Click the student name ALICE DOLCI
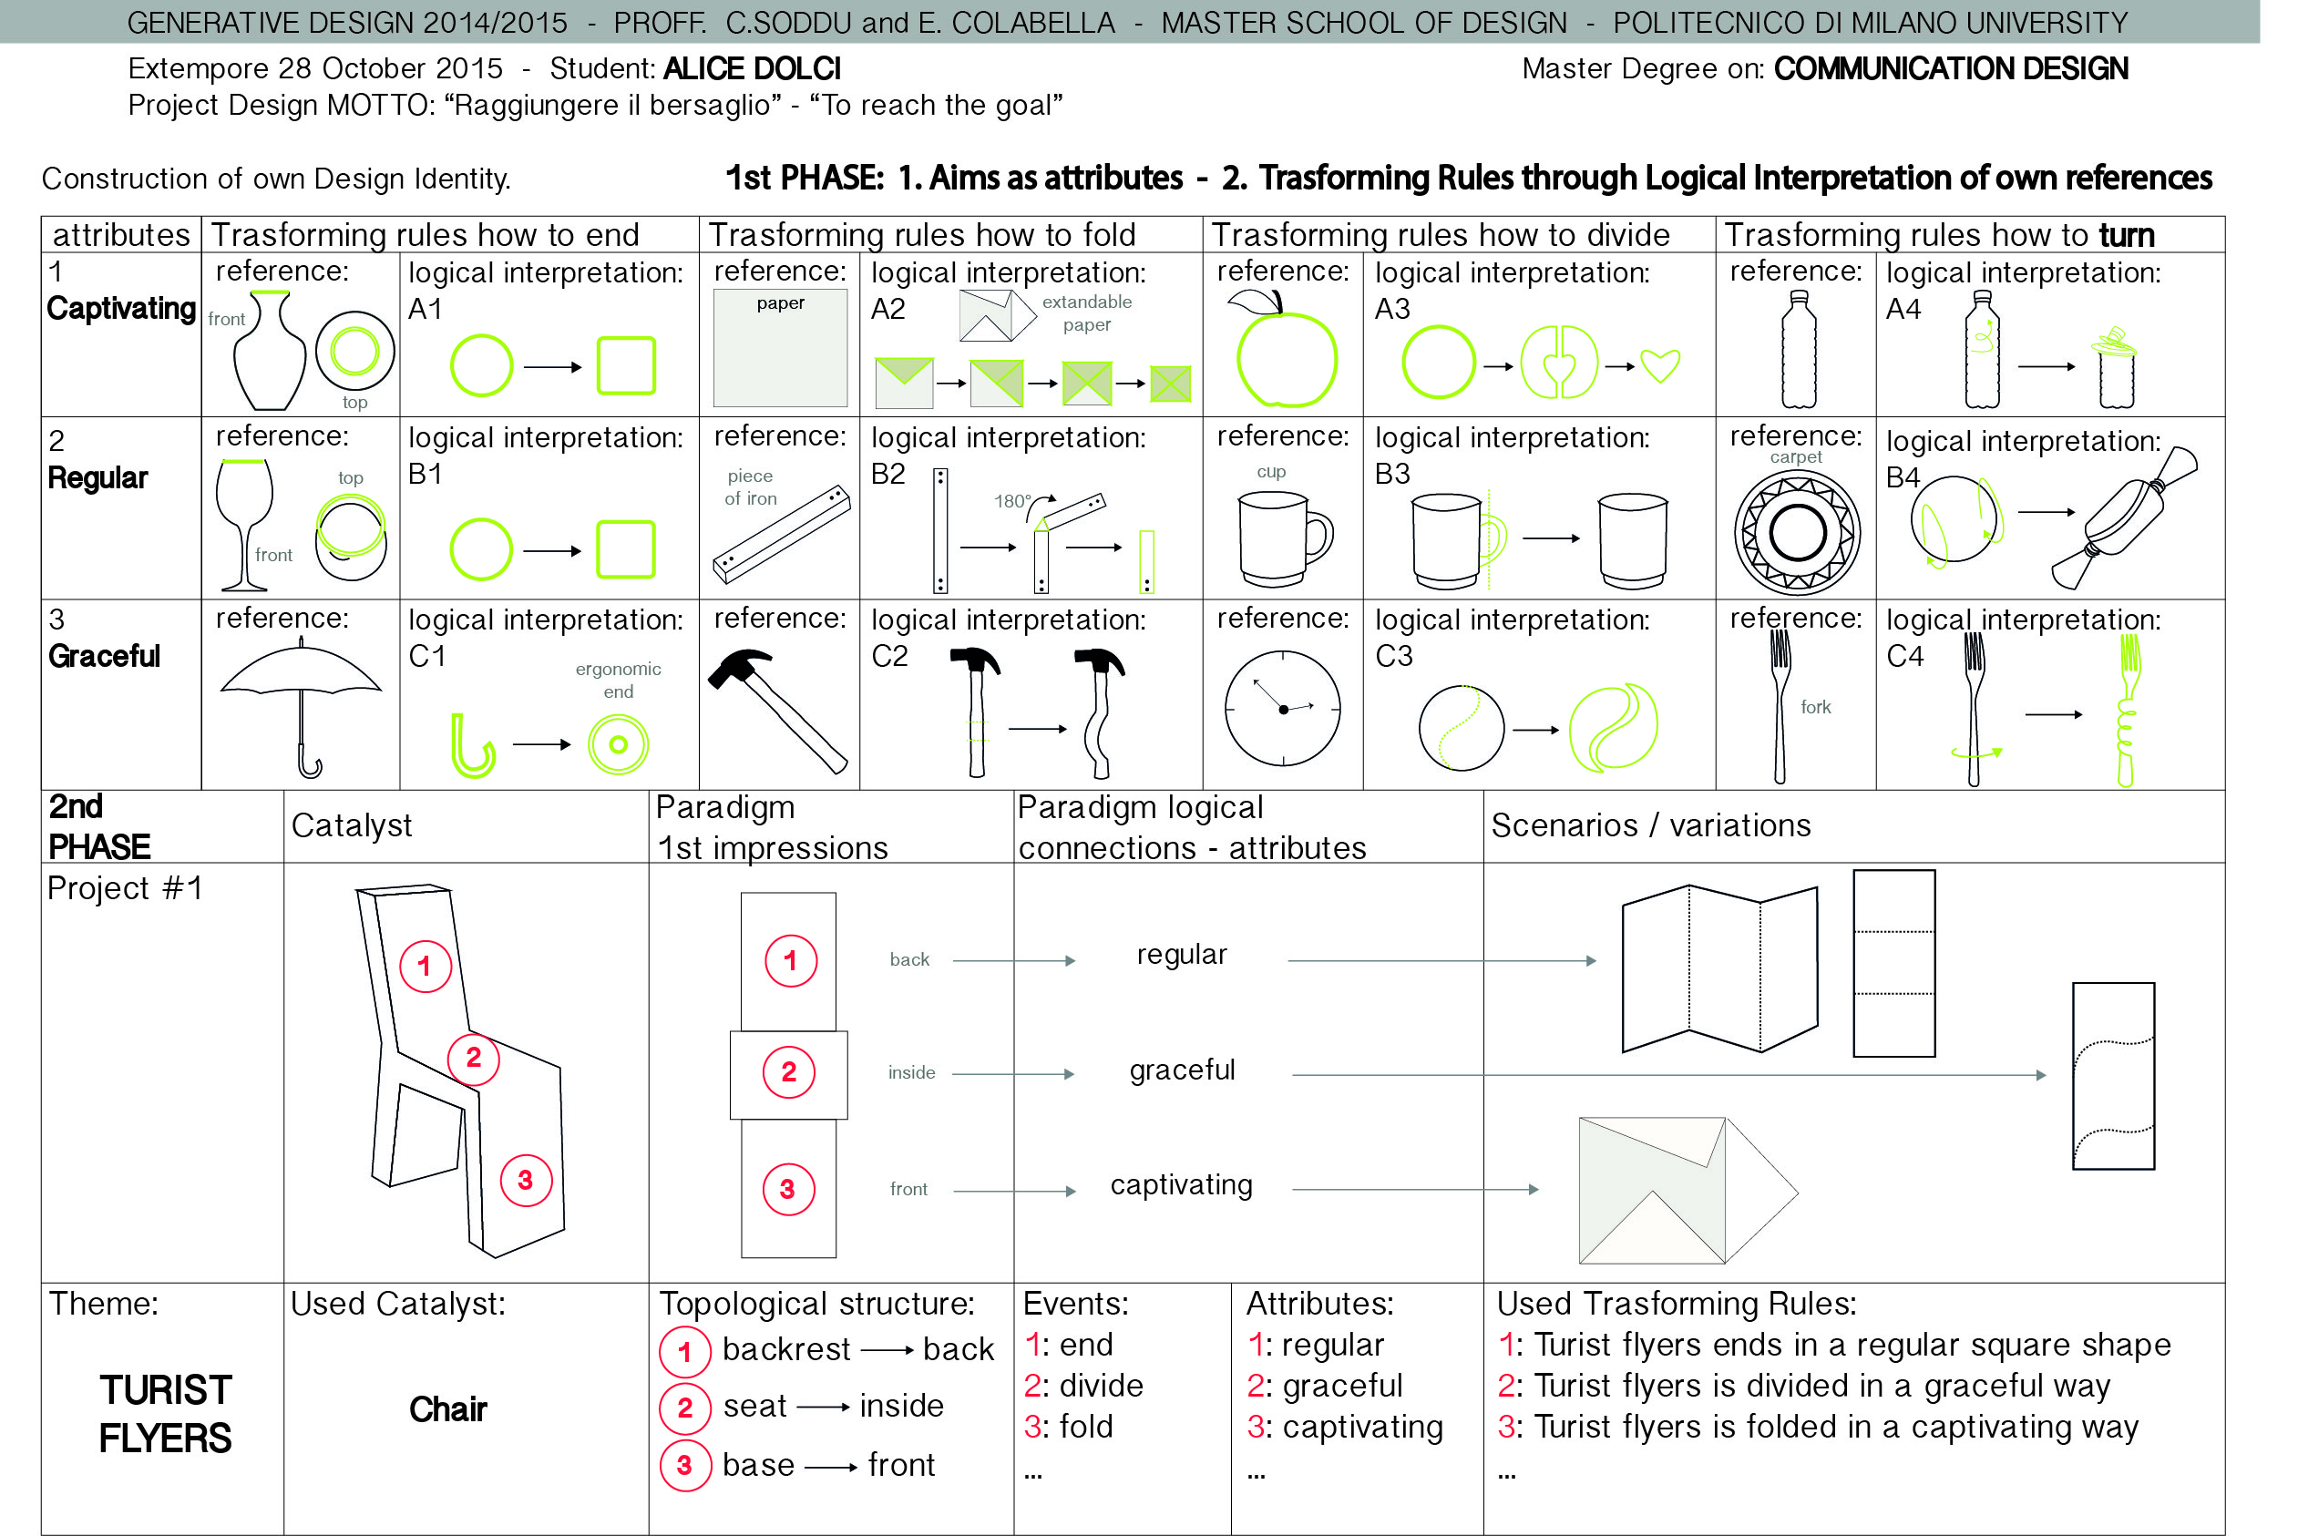(x=752, y=69)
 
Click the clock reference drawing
(x=1282, y=708)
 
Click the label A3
(x=1392, y=310)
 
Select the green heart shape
(x=1660, y=365)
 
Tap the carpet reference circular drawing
(x=1797, y=533)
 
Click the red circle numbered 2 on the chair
(x=473, y=1058)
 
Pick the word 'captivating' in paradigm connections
(x=1181, y=1185)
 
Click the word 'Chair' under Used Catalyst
(x=447, y=1409)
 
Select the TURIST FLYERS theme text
(x=166, y=1415)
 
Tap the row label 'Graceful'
(x=104, y=656)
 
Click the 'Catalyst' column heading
(x=352, y=825)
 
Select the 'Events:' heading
(x=1075, y=1304)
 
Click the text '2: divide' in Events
(x=1083, y=1386)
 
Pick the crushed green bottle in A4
(x=2116, y=369)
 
